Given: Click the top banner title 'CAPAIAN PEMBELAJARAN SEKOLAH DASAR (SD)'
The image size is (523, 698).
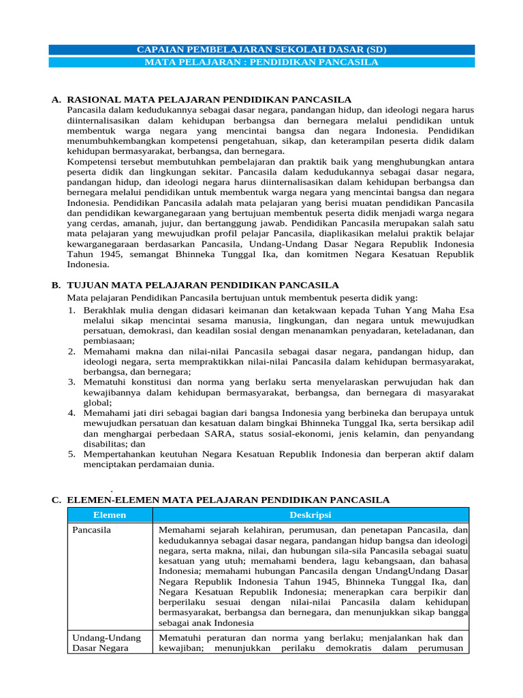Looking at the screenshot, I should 261,50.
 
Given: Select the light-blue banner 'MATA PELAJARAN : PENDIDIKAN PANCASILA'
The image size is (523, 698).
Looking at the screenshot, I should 261,62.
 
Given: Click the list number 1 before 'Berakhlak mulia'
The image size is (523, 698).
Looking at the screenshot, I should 71,309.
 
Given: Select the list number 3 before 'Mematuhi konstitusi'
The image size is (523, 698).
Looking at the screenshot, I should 71,382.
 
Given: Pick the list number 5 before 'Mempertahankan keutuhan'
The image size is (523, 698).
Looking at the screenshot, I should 71,454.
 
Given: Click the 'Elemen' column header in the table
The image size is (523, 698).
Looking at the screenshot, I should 110,515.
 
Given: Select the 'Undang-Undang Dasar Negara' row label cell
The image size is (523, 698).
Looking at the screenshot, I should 106,643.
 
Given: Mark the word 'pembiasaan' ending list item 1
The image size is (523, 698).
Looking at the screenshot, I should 108,341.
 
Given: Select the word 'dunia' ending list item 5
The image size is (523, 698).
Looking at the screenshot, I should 200,464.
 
